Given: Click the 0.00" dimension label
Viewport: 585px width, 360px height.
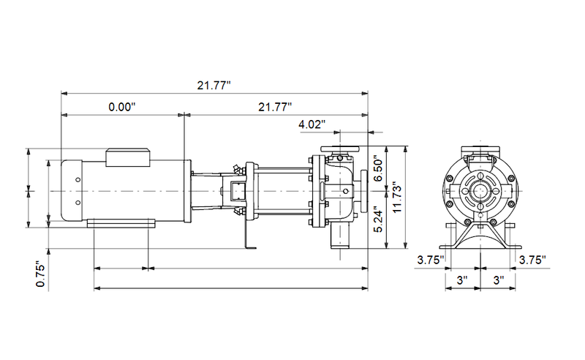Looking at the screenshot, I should click(x=122, y=106).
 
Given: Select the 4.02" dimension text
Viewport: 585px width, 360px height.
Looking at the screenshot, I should click(x=312, y=124).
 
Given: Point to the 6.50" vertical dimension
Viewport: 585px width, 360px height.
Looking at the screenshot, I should click(x=378, y=168).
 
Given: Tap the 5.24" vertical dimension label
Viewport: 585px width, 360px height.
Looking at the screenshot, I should click(x=378, y=220).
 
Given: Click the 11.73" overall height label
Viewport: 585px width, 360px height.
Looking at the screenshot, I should click(x=396, y=198).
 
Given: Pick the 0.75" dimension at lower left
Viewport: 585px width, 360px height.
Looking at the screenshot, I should click(x=41, y=274).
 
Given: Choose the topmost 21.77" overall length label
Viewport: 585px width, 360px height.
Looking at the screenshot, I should click(x=214, y=85).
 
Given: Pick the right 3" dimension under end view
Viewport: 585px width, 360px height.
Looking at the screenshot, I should click(x=497, y=280).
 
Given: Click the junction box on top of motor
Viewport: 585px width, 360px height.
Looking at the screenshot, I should click(x=129, y=155).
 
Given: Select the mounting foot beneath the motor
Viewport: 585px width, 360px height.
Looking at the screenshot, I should click(x=121, y=223).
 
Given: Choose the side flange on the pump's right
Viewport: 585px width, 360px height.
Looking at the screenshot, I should click(x=363, y=190).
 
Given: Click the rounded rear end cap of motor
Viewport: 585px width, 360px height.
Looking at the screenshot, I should click(x=64, y=190).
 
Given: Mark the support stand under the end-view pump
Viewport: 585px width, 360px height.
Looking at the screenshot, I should click(x=480, y=239).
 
